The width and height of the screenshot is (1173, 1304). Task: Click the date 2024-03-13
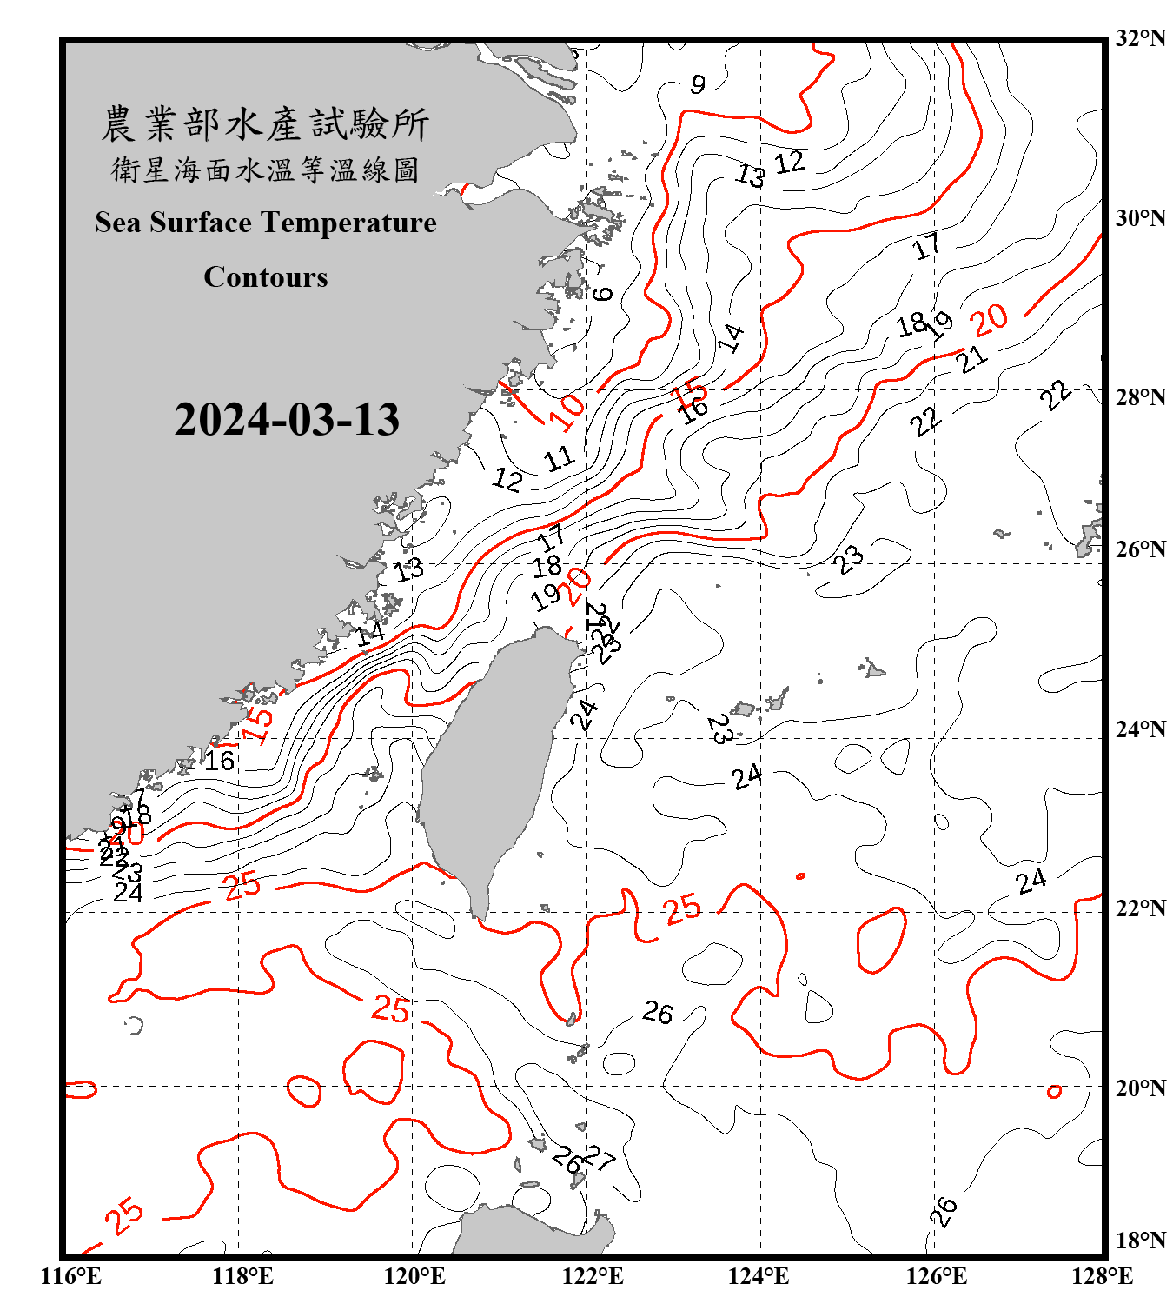(x=287, y=420)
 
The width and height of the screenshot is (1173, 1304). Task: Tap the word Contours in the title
(x=266, y=277)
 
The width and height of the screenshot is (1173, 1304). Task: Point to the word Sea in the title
(x=118, y=223)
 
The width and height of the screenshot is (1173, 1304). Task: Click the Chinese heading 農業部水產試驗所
(x=265, y=124)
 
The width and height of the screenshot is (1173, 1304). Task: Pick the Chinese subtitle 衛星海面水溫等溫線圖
(x=265, y=170)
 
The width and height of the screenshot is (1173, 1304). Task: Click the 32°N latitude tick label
(x=1140, y=38)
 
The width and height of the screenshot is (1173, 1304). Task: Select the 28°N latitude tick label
(x=1140, y=397)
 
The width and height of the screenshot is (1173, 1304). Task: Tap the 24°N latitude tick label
(x=1140, y=729)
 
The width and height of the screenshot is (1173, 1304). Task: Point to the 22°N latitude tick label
(x=1140, y=908)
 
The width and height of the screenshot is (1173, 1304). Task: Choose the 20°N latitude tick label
(x=1140, y=1088)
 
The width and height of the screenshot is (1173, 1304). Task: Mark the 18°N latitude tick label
(x=1140, y=1241)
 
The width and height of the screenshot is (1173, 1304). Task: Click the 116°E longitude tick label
(x=71, y=1276)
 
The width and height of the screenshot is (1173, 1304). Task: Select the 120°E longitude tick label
(x=414, y=1276)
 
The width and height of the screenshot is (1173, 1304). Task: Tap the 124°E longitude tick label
(x=759, y=1276)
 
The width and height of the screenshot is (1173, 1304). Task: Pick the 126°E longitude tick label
(x=936, y=1276)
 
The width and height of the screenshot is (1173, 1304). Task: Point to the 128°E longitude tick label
(x=1102, y=1276)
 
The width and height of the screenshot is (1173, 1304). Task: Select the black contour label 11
(x=560, y=458)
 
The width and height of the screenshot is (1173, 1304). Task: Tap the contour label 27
(x=599, y=1158)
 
